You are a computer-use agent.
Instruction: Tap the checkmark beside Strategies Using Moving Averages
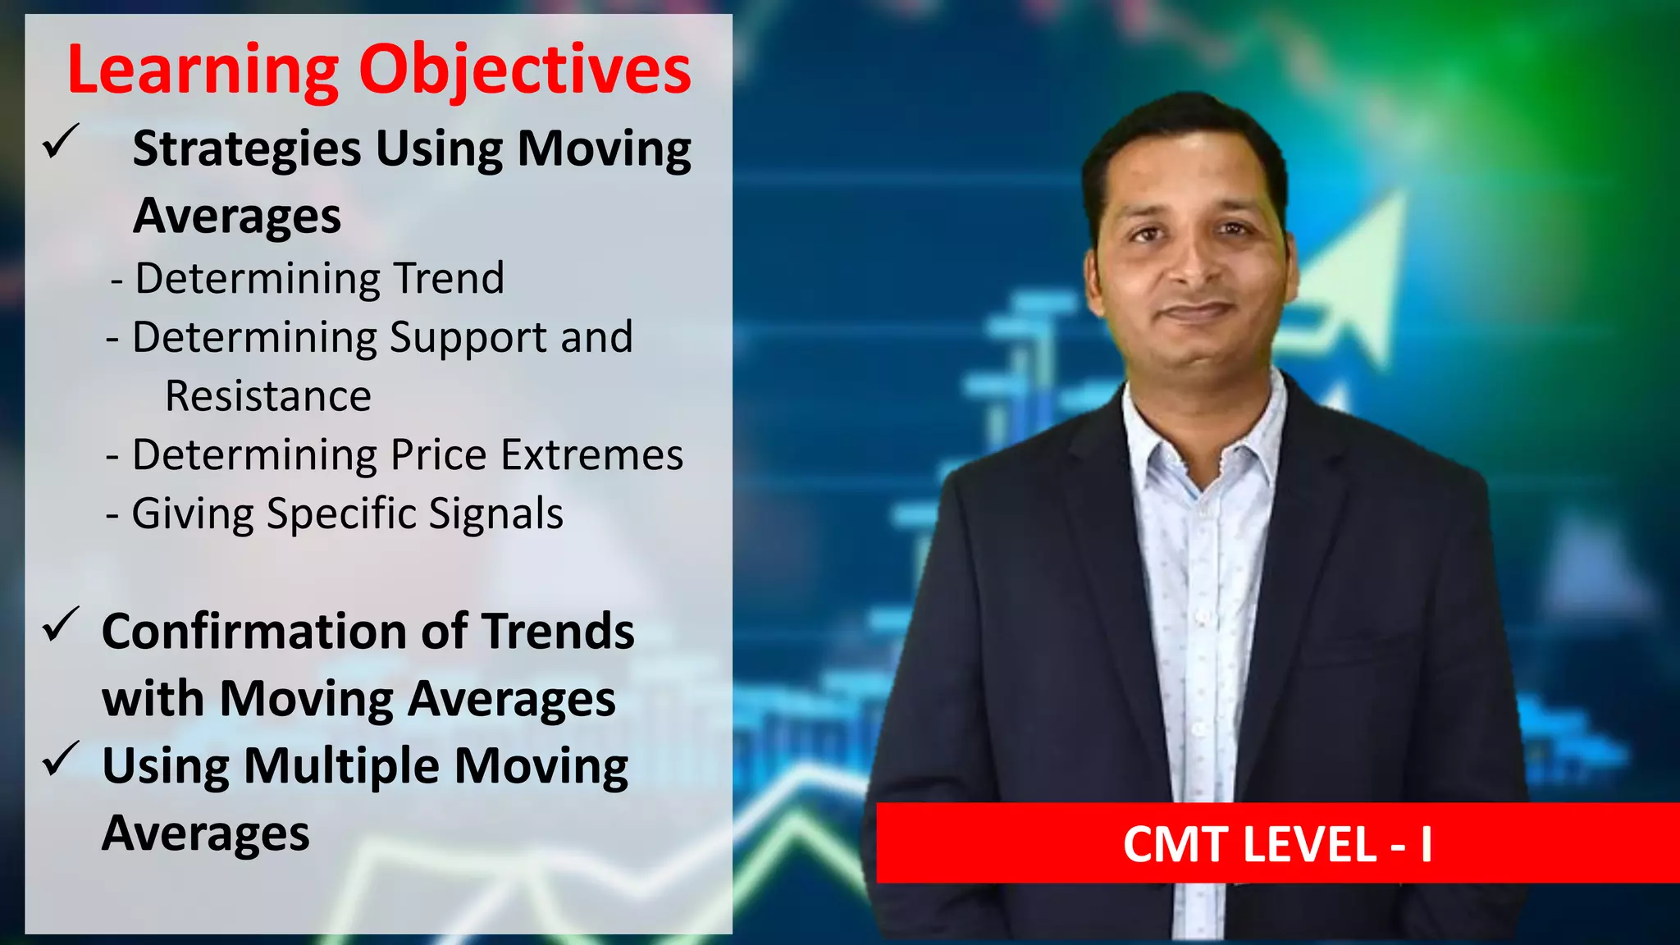click(x=61, y=142)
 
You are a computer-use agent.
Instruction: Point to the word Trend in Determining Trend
click(x=449, y=278)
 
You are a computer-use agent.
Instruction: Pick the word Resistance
click(x=268, y=396)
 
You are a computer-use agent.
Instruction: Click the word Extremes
click(x=591, y=455)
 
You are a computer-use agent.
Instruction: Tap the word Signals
click(x=495, y=514)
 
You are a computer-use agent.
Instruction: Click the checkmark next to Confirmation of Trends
click(x=61, y=625)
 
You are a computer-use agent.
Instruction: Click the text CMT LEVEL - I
click(x=1277, y=844)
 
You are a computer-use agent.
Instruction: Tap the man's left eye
click(x=1233, y=230)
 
